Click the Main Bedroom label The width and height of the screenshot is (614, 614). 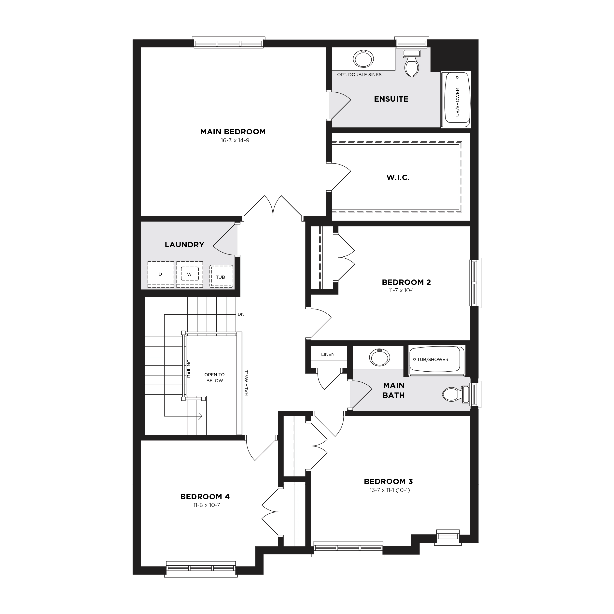(x=233, y=132)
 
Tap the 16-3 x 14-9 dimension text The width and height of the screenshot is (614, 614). (x=235, y=140)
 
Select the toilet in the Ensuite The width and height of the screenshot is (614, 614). (x=412, y=64)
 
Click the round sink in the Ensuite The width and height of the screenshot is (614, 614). (x=363, y=59)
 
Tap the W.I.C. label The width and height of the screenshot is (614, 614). (x=398, y=177)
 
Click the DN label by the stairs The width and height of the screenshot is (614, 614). (x=241, y=314)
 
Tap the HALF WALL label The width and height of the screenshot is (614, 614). (x=246, y=383)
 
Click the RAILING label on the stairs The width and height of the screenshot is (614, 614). (x=189, y=369)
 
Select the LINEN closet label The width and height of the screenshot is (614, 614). (x=328, y=354)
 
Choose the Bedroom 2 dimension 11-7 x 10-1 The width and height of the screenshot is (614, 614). (x=401, y=291)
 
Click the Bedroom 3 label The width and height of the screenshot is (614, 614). (x=388, y=481)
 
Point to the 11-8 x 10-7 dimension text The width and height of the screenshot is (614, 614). (x=207, y=505)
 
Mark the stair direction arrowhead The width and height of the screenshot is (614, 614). (x=201, y=416)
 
